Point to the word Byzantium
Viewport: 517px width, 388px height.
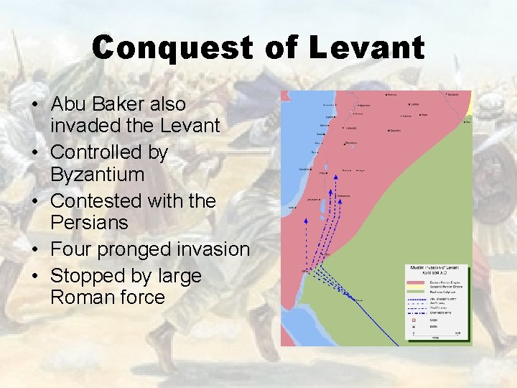click(98, 175)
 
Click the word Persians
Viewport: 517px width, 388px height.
click(89, 223)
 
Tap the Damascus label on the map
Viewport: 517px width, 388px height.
click(350, 143)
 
